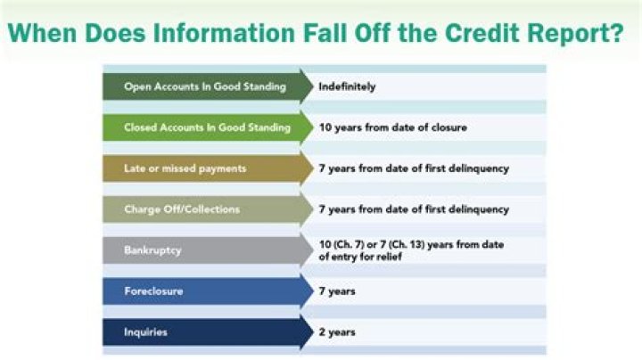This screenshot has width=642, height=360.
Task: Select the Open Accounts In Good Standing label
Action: pyautogui.click(x=205, y=87)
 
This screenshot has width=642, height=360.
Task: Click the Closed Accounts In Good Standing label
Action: pyautogui.click(x=207, y=127)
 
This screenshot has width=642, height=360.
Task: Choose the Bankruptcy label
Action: pyautogui.click(x=152, y=250)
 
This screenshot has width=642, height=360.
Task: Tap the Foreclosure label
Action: pyautogui.click(x=153, y=291)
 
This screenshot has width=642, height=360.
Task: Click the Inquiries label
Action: pyautogui.click(x=145, y=332)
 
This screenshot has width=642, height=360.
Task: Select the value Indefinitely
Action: pyautogui.click(x=348, y=87)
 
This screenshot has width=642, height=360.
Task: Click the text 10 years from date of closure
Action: pyautogui.click(x=392, y=127)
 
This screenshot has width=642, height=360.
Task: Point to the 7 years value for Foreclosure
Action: pyautogui.click(x=337, y=291)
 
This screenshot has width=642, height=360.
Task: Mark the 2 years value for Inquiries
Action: pyautogui.click(x=337, y=332)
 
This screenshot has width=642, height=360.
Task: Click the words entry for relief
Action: pyautogui.click(x=365, y=257)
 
